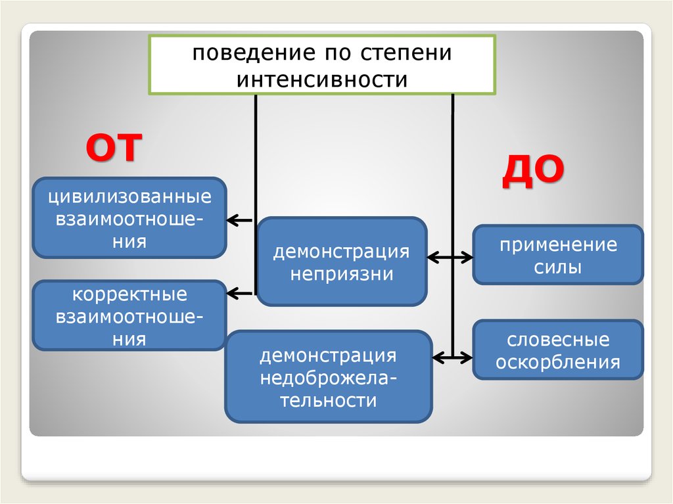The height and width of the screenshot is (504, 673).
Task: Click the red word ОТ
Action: click(112, 147)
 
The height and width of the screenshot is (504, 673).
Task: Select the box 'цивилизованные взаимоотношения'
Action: click(129, 218)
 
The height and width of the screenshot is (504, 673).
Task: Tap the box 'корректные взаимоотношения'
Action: click(129, 316)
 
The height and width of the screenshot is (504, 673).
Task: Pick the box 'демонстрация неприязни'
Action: click(342, 262)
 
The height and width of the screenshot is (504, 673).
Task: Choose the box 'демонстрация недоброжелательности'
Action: click(329, 377)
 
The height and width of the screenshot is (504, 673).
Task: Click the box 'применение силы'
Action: click(558, 255)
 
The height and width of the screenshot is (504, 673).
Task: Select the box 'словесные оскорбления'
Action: click(558, 350)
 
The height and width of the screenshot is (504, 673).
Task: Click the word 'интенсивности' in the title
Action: click(322, 80)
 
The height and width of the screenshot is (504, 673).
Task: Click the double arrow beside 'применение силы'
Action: click(450, 257)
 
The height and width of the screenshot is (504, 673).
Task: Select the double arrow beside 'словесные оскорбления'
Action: click(453, 357)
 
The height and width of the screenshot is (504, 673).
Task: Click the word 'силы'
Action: click(558, 267)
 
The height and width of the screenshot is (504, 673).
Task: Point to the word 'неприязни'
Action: click(342, 273)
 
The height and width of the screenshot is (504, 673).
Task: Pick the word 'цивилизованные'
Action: click(129, 196)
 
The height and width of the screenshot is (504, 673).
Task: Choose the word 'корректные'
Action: click(129, 294)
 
